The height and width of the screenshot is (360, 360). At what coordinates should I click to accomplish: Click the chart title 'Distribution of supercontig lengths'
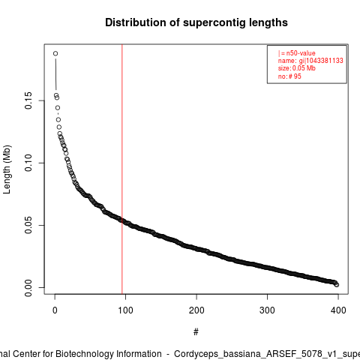pyautogui.click(x=196, y=22)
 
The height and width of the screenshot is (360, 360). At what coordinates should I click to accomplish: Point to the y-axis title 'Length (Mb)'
pyautogui.click(x=7, y=169)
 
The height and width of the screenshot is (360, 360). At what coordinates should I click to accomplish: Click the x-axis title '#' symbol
pyautogui.click(x=196, y=331)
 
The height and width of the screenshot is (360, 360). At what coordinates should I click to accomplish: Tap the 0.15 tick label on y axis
pyautogui.click(x=28, y=100)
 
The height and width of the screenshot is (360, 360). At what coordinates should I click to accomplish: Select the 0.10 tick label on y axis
pyautogui.click(x=28, y=163)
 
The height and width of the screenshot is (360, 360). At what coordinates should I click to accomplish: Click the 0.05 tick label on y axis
pyautogui.click(x=28, y=225)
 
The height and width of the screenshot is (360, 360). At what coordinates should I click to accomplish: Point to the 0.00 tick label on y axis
pyautogui.click(x=28, y=287)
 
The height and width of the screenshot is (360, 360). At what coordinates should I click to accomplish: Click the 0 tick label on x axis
pyautogui.click(x=55, y=310)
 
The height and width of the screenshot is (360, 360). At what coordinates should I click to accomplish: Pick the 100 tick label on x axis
pyautogui.click(x=125, y=310)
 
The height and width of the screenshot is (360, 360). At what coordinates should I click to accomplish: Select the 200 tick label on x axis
pyautogui.click(x=196, y=310)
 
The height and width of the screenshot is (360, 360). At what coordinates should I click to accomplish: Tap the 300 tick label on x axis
pyautogui.click(x=267, y=310)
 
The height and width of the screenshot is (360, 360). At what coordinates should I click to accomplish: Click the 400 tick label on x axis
pyautogui.click(x=338, y=310)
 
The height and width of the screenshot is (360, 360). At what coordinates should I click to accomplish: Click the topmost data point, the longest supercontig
pyautogui.click(x=55, y=53)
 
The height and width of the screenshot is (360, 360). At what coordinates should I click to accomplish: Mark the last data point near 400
pyautogui.click(x=337, y=285)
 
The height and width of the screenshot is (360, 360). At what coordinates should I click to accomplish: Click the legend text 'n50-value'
pyautogui.click(x=301, y=53)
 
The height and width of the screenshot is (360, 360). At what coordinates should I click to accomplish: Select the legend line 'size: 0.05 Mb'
pyautogui.click(x=297, y=68)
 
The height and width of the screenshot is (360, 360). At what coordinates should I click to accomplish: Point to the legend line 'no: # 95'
pyautogui.click(x=289, y=76)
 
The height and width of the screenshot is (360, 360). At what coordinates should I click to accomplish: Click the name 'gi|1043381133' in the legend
pyautogui.click(x=321, y=61)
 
